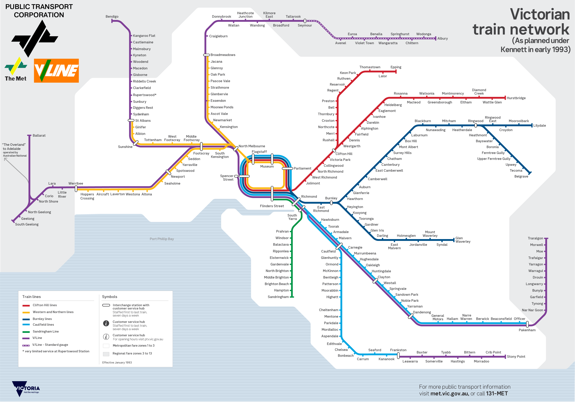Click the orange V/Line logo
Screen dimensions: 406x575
pos(56,71)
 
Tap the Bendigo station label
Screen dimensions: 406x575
pos(112,17)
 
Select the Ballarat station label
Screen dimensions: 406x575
pos(39,135)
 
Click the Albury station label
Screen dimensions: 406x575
pos(443,38)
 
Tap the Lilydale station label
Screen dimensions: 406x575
pos(539,125)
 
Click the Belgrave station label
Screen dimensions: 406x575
pos(521,176)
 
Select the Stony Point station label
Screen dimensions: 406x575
pos(516,356)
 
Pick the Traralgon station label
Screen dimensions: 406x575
pos(535,238)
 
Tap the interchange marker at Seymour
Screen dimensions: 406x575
pos(305,21)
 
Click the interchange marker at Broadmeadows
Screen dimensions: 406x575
pos(206,55)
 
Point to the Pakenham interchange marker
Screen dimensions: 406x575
pos(527,324)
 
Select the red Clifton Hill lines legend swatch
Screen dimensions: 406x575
pos(26,305)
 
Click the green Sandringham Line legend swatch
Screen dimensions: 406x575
pos(26,332)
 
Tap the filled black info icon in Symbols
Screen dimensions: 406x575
pos(106,323)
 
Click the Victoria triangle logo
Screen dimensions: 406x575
pos(19,388)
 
